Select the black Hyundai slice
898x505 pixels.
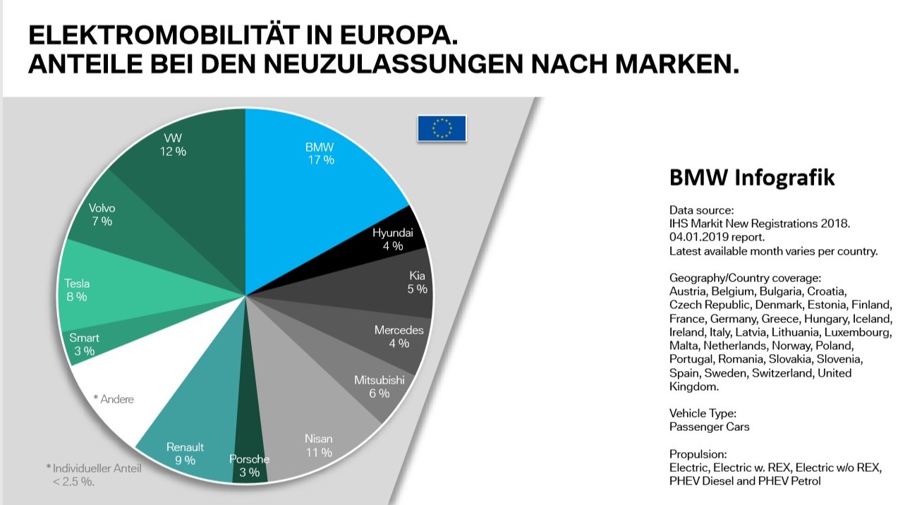388,240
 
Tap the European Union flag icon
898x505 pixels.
442,128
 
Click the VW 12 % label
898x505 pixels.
171,145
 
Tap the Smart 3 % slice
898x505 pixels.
83,344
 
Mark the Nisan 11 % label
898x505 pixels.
318,445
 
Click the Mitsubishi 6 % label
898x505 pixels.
379,387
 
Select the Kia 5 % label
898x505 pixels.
418,282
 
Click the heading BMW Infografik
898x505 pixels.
752,178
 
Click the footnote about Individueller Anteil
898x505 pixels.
94,475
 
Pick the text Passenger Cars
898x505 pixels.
709,427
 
